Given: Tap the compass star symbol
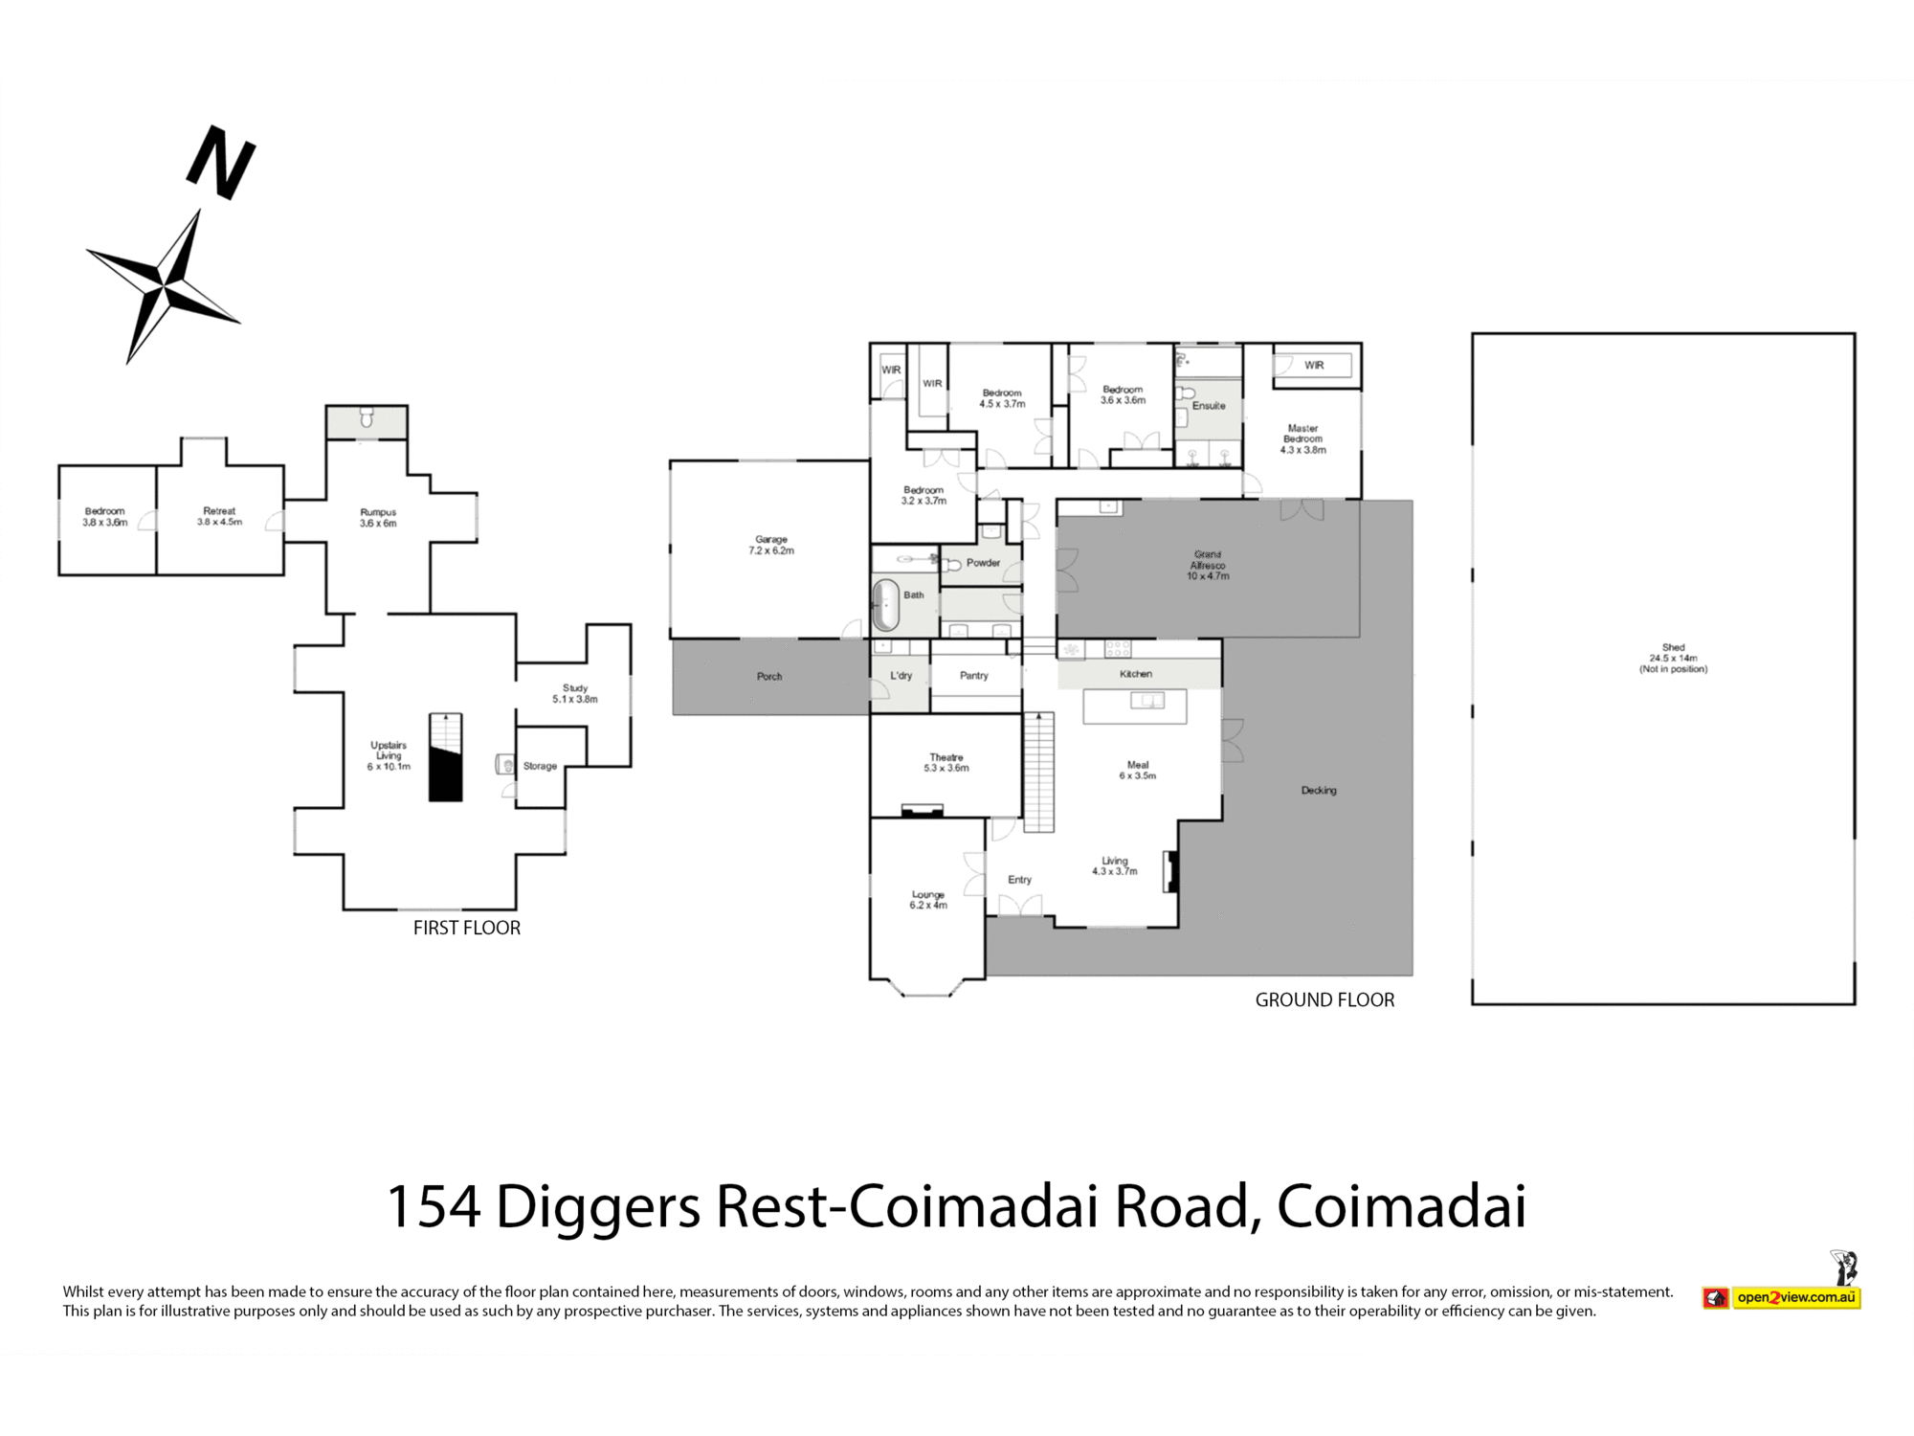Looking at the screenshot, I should click(165, 285).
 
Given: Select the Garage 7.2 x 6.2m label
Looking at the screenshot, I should click(771, 545).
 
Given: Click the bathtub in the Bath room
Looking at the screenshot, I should click(885, 604).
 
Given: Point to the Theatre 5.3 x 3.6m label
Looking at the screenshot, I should click(946, 762).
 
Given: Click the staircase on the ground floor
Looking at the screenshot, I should click(1038, 772).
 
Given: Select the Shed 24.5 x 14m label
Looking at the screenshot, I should click(1672, 658).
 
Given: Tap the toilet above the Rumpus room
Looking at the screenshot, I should click(366, 418).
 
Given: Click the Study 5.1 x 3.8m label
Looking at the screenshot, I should click(574, 693).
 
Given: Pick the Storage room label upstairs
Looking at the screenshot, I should click(540, 766).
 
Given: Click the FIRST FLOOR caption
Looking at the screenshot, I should click(466, 928).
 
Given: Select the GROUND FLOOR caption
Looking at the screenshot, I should click(1324, 999).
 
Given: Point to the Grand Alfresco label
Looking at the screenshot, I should click(1207, 565).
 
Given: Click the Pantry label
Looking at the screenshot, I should click(973, 675).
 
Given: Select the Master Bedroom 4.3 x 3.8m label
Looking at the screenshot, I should click(1302, 438).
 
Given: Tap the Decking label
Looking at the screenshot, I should click(1318, 790).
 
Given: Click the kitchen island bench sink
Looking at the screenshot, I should click(1146, 701).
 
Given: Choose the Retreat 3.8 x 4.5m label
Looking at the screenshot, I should click(219, 516).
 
